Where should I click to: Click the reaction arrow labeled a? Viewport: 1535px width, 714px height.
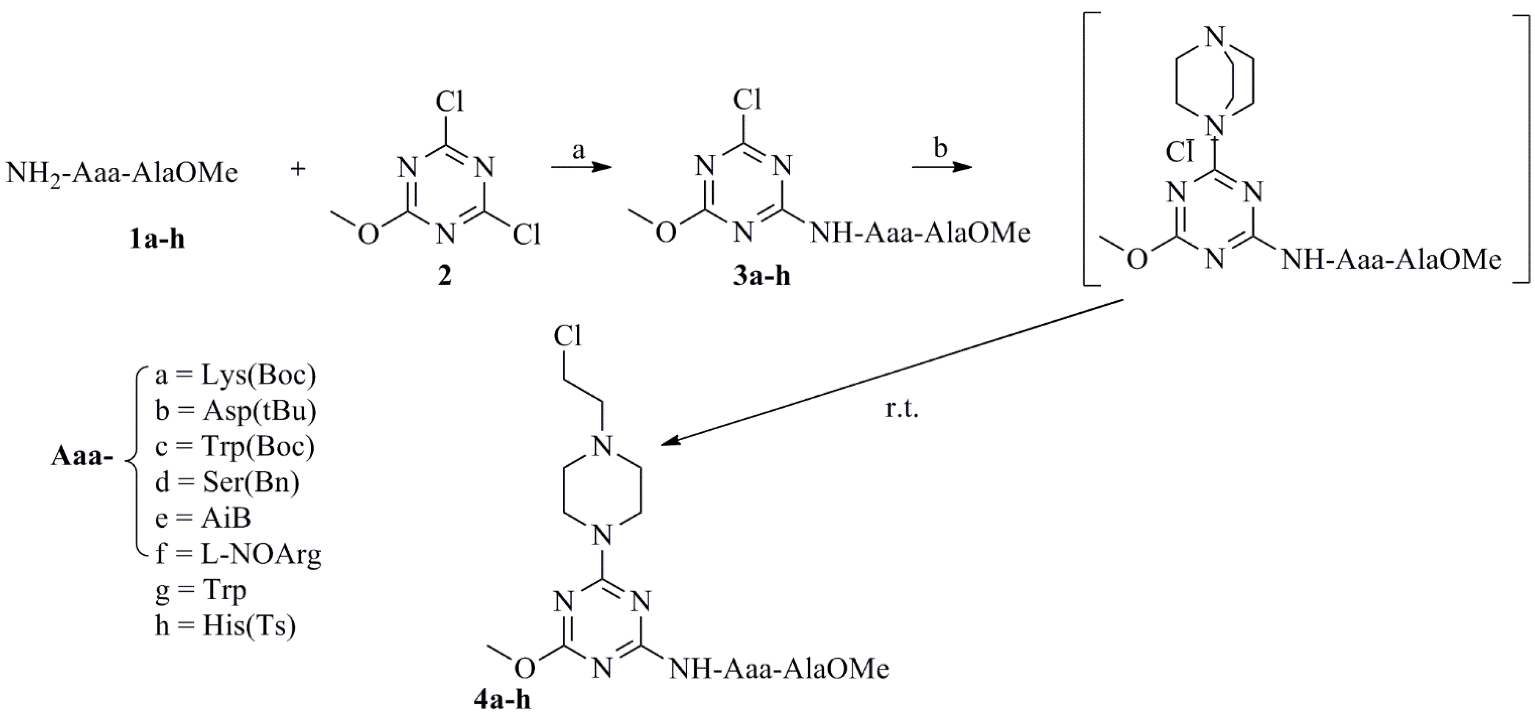click(581, 169)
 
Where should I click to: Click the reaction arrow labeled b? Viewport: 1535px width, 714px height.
click(942, 169)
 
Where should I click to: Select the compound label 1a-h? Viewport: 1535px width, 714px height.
click(157, 239)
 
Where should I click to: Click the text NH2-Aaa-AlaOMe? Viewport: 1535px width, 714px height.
click(122, 173)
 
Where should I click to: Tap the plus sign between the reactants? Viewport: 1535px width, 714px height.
click(297, 170)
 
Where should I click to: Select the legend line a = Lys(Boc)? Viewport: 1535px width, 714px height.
click(235, 376)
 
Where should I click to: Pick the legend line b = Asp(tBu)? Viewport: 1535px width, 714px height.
click(235, 411)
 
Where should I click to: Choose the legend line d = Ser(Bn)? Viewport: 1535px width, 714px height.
click(227, 483)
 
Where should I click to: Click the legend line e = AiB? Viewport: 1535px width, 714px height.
click(203, 518)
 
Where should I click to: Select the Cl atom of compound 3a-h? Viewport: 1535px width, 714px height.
click(747, 100)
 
